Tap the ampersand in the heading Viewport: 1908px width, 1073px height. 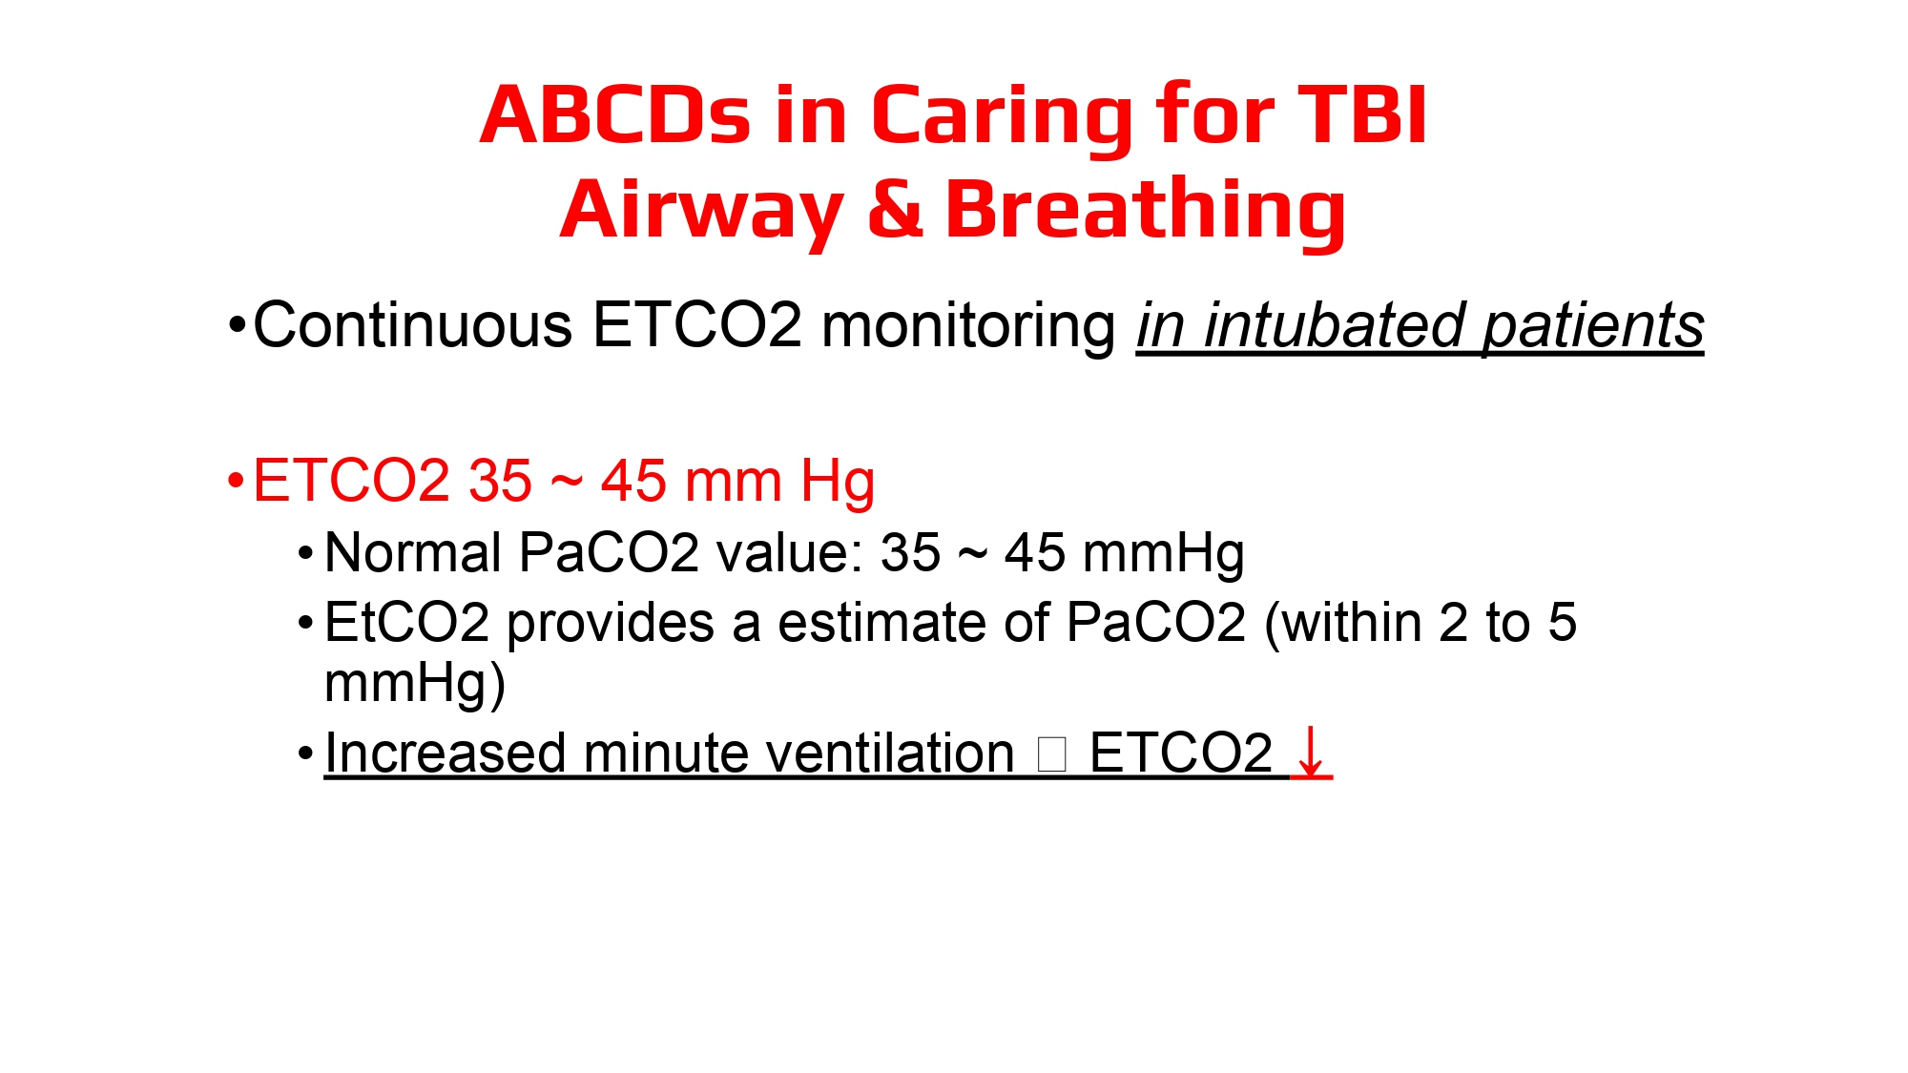pos(896,209)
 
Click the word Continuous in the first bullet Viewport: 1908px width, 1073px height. pos(413,325)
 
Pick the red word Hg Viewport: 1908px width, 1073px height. pos(838,484)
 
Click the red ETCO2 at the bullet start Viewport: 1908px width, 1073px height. pos(351,480)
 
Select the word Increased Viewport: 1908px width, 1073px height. pos(446,753)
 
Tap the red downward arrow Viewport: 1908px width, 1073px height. pos(1311,753)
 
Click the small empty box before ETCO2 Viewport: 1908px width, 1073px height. pos(1051,754)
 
